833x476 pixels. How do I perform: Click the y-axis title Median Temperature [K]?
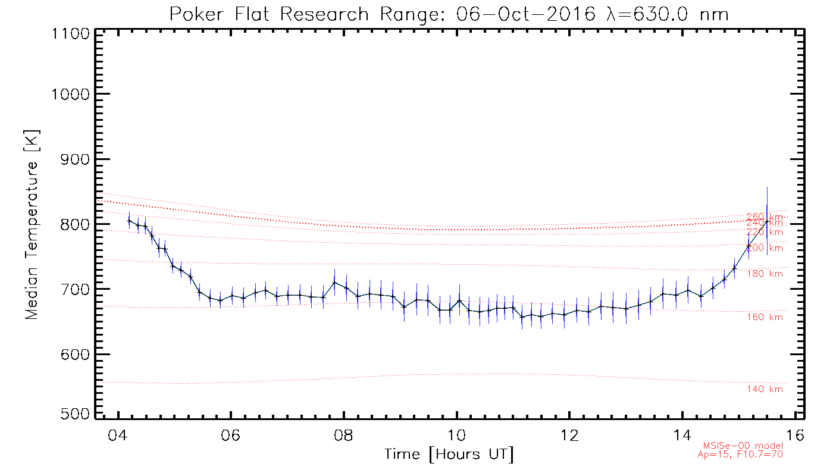(32, 224)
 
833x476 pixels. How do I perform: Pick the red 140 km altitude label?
(765, 389)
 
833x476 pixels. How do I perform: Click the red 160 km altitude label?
(765, 317)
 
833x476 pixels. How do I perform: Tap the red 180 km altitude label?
(765, 274)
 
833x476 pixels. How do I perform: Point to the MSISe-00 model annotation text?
(743, 446)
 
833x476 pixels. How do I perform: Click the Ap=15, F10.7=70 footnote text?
(740, 455)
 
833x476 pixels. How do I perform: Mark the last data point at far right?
(767, 221)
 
